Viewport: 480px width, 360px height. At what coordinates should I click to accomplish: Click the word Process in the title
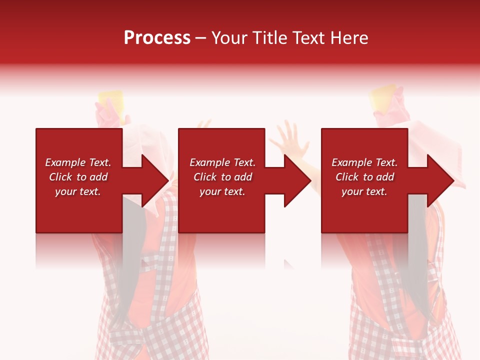pyautogui.click(x=157, y=38)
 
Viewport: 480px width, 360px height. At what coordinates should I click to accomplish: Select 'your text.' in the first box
pyautogui.click(x=78, y=191)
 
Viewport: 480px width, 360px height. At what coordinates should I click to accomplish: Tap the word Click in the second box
pyautogui.click(x=205, y=177)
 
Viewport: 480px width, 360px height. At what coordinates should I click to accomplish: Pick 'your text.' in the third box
pyautogui.click(x=364, y=191)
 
